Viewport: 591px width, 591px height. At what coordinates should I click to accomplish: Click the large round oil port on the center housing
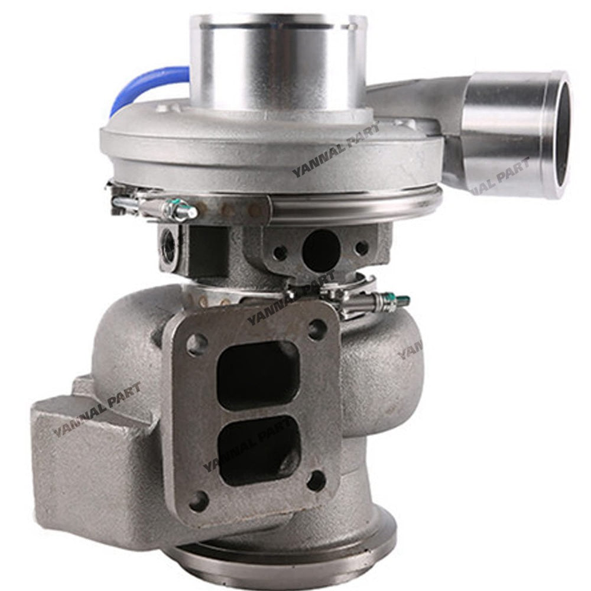[321, 248]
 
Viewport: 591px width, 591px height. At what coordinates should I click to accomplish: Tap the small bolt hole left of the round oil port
[280, 252]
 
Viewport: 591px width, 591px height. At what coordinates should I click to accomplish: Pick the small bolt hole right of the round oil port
[361, 247]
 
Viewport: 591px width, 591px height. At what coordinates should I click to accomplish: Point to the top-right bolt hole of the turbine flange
[317, 328]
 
